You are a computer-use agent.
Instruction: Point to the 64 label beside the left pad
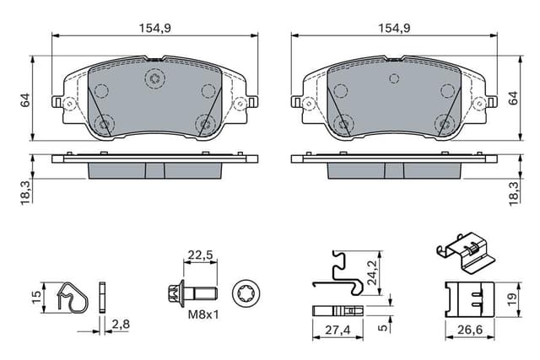pyautogui.click(x=24, y=100)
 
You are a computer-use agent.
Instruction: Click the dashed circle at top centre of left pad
pyautogui.click(x=154, y=80)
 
